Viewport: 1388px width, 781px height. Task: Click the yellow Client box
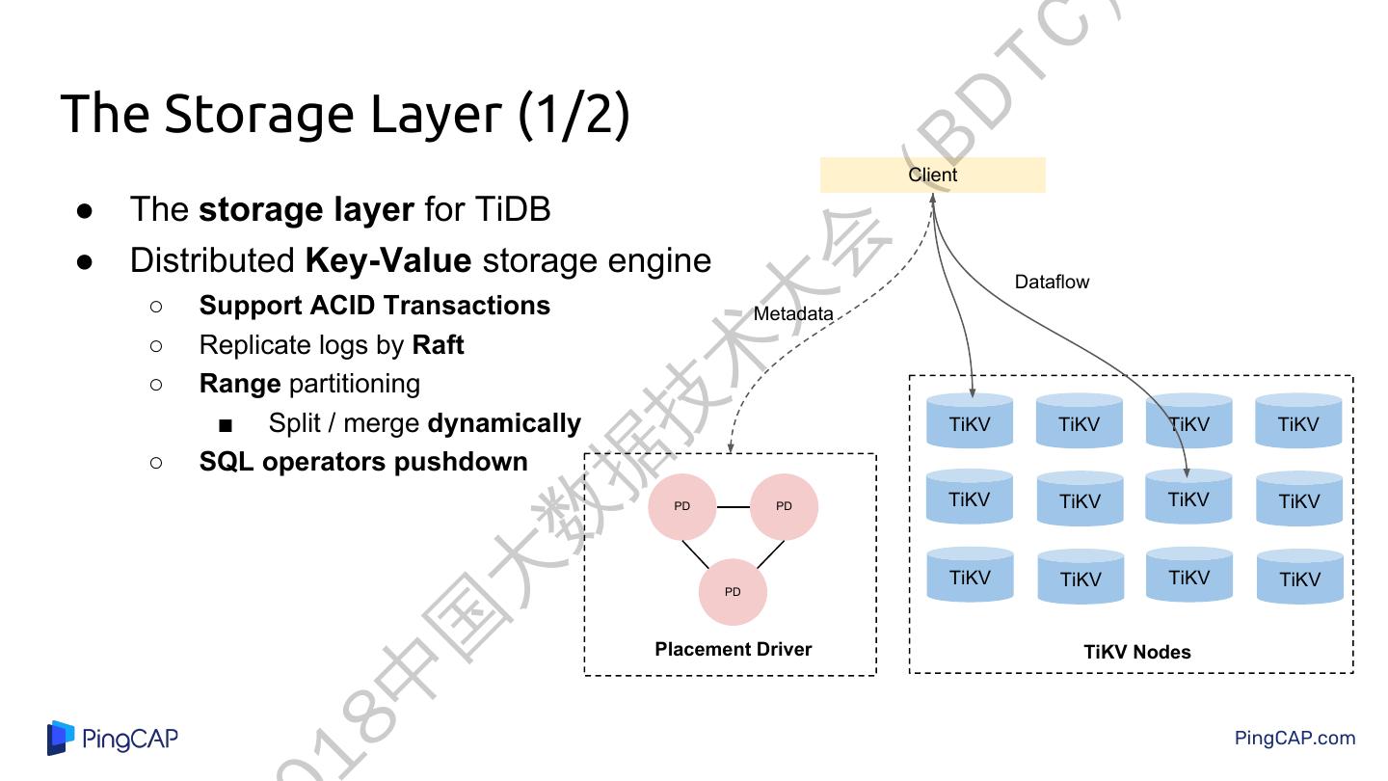(932, 175)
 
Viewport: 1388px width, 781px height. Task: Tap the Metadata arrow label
(792, 313)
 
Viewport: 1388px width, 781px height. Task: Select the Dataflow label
(1052, 282)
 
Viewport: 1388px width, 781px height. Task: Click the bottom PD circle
(733, 592)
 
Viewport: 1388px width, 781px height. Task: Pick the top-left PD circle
(682, 506)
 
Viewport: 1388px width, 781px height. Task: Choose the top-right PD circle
(784, 506)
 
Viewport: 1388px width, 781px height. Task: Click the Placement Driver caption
(733, 649)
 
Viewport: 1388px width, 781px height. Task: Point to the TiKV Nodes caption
(1136, 652)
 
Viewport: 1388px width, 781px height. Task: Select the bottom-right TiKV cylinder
(1299, 578)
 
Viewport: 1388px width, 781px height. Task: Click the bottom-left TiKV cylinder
(970, 577)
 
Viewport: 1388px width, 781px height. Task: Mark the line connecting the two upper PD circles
(734, 506)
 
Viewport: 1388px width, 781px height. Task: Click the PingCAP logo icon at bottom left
(61, 739)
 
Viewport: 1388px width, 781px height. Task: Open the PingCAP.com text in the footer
(1295, 739)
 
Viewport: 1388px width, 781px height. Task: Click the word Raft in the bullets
(438, 345)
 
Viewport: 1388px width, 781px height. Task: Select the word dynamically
(504, 423)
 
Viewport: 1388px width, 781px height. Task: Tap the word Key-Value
(387, 261)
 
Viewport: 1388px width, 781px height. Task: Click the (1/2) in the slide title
(574, 114)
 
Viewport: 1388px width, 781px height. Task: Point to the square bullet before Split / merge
(226, 425)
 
